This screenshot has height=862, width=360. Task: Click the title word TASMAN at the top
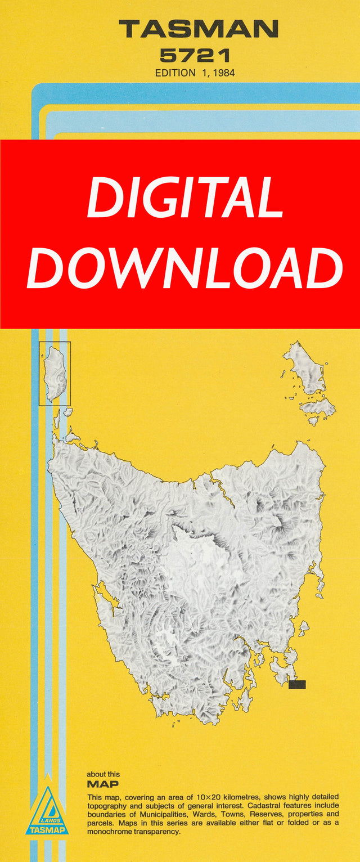pyautogui.click(x=198, y=28)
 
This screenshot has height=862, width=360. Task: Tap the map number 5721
pyautogui.click(x=195, y=55)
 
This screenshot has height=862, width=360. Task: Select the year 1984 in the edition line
pyautogui.click(x=222, y=73)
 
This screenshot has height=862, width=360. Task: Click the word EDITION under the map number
pyautogui.click(x=175, y=73)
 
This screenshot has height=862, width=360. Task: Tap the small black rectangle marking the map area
pyautogui.click(x=296, y=684)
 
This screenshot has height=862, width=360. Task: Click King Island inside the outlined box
pyautogui.click(x=55, y=373)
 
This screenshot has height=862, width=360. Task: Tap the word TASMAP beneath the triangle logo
pyautogui.click(x=47, y=830)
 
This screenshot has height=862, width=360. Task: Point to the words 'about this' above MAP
pyautogui.click(x=103, y=774)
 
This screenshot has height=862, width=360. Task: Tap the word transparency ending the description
pyautogui.click(x=157, y=830)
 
